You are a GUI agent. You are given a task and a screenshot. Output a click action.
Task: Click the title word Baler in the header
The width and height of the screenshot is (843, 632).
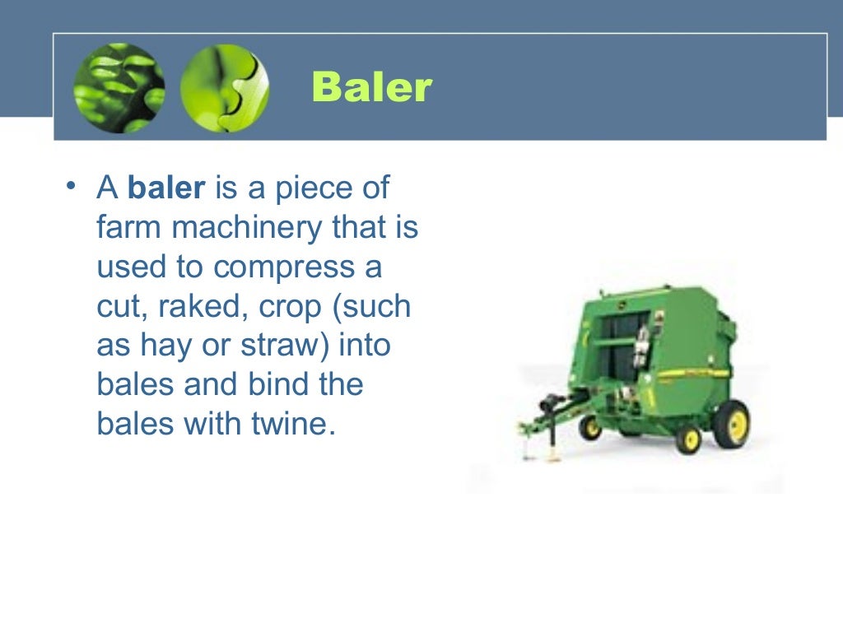pos(372,87)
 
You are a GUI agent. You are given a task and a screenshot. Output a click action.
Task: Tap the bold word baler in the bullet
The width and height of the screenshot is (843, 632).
pos(165,188)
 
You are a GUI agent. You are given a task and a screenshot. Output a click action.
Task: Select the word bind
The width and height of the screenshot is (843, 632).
pos(254,385)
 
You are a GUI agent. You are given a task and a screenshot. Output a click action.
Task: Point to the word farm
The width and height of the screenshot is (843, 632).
pos(129,228)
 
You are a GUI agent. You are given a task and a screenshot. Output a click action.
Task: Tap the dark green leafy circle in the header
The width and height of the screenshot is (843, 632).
pos(119,88)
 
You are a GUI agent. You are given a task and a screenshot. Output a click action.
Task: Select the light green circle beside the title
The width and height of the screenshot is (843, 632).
pos(224,88)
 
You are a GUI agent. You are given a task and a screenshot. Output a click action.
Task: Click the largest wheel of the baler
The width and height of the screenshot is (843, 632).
pos(731,423)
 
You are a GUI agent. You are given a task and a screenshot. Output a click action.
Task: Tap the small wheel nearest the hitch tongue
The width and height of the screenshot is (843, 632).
pos(589,427)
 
